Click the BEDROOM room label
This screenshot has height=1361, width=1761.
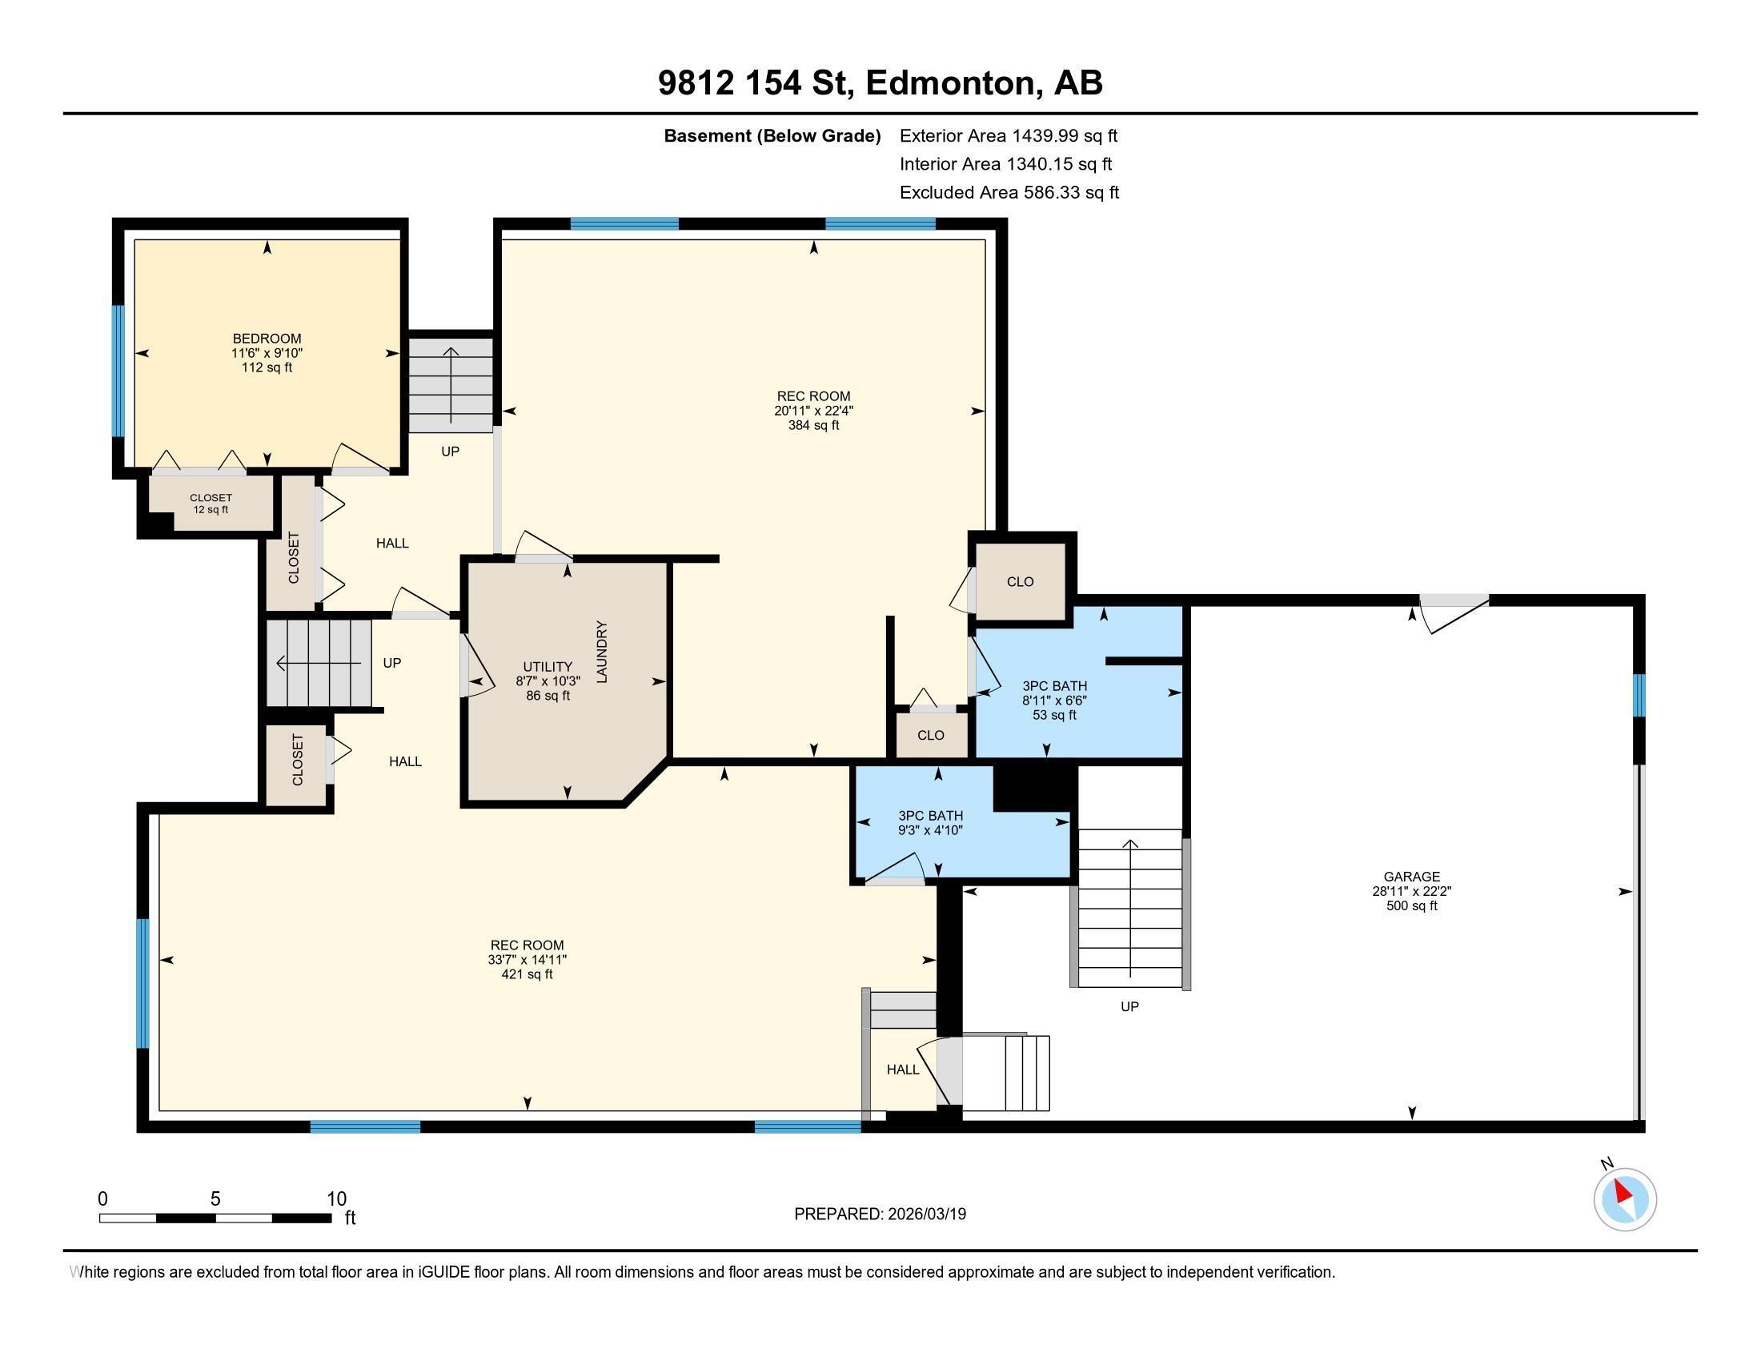coord(267,339)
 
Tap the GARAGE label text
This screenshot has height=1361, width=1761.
coord(1411,877)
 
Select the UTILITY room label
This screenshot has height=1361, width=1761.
coord(548,667)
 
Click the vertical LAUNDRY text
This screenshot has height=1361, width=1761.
coord(601,652)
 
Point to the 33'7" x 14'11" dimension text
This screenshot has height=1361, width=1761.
coord(527,959)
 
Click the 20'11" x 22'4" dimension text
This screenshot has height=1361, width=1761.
coord(813,411)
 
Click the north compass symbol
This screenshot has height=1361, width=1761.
coord(1625,1199)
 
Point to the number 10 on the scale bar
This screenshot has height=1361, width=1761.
coord(336,1199)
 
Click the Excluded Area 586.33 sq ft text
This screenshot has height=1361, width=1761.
coord(1009,193)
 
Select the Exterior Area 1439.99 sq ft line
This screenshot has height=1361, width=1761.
coord(1008,135)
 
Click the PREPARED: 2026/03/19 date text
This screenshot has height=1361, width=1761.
coord(880,1214)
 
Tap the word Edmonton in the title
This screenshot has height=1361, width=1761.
coord(950,83)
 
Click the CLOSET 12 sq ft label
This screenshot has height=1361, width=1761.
coord(211,503)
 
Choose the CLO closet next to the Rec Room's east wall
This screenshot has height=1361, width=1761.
coord(1020,581)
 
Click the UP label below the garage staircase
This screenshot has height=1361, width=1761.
coord(1129,1006)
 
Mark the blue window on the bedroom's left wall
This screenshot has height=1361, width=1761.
coord(118,371)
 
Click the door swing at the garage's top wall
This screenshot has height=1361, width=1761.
coord(1453,612)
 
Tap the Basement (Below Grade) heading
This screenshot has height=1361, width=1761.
coord(772,135)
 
